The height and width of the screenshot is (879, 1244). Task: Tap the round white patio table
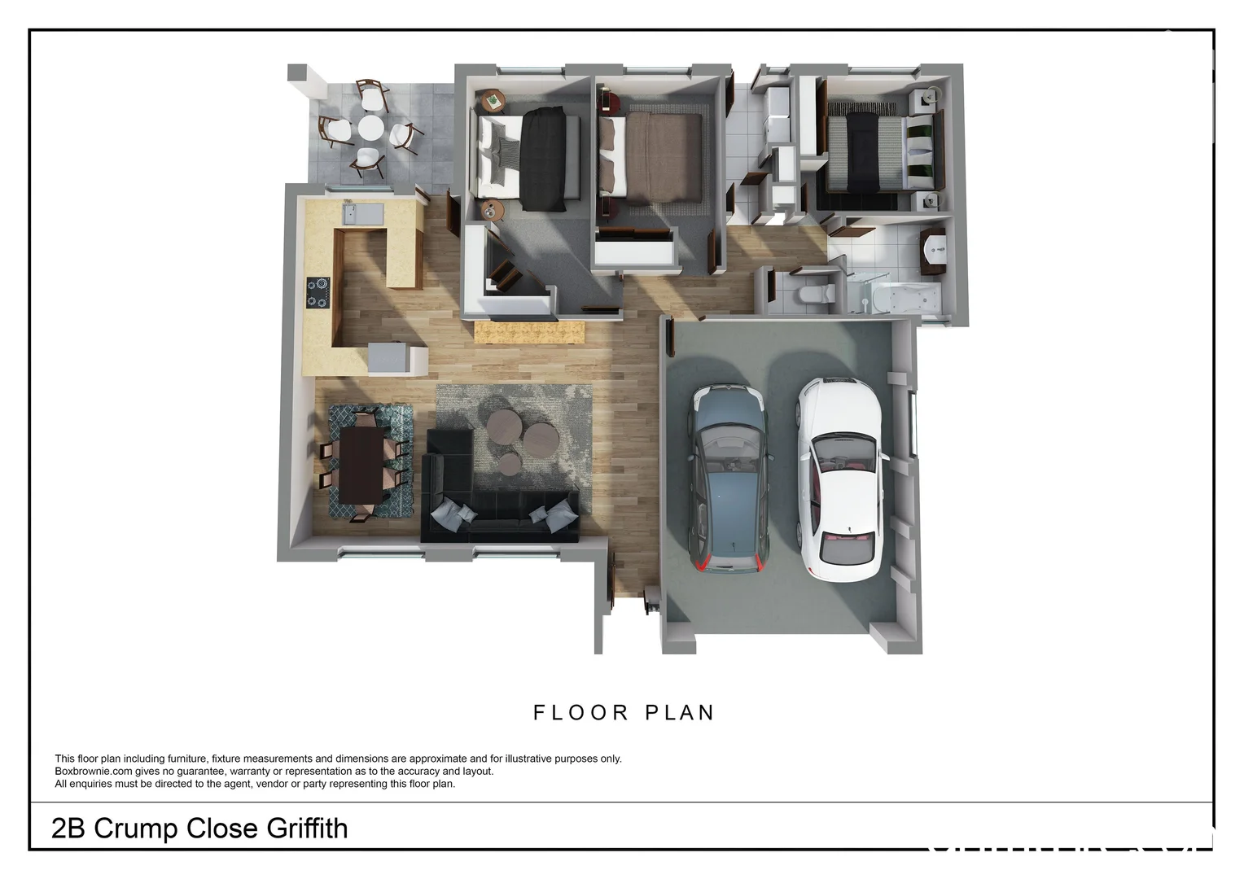pyautogui.click(x=370, y=128)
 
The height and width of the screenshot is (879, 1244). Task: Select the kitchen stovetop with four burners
pyautogui.click(x=318, y=293)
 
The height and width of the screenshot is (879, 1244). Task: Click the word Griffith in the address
pyautogui.click(x=307, y=829)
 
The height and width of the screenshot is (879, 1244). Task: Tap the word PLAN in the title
pyautogui.click(x=680, y=713)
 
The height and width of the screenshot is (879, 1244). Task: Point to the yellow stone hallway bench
pyautogui.click(x=530, y=332)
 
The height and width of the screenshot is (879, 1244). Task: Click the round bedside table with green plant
pyautogui.click(x=493, y=100)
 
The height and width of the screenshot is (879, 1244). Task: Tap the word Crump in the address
pyautogui.click(x=136, y=829)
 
